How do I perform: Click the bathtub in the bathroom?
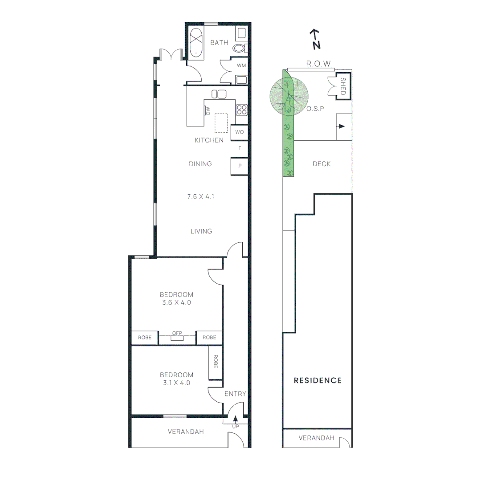click(x=196, y=43)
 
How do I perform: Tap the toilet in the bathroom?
click(x=240, y=48)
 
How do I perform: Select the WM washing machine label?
click(x=241, y=65)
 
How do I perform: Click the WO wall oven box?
click(x=240, y=132)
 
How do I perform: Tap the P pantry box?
click(x=240, y=166)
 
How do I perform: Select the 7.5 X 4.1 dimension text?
click(x=200, y=196)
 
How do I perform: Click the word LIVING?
click(x=201, y=231)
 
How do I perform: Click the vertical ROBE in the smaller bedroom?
click(x=216, y=361)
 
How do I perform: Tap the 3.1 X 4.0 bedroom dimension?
click(x=177, y=383)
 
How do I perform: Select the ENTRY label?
click(x=235, y=394)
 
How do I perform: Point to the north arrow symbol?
click(x=316, y=39)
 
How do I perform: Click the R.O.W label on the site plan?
click(x=318, y=64)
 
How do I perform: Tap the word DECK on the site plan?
click(x=322, y=164)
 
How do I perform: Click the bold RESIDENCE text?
click(x=318, y=380)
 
